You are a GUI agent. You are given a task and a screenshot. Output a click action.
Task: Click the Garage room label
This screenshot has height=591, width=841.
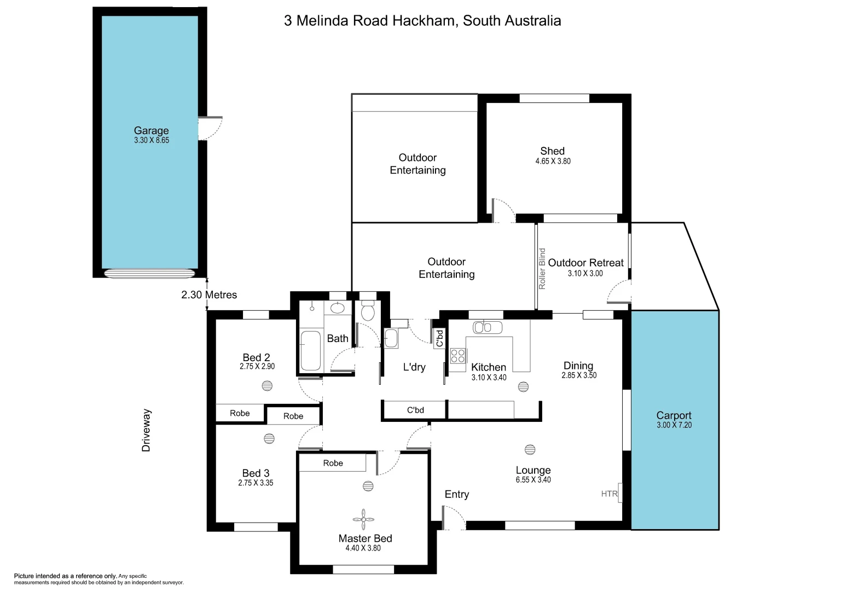[151, 130]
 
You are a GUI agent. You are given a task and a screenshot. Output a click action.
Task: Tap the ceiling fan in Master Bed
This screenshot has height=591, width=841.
[363, 518]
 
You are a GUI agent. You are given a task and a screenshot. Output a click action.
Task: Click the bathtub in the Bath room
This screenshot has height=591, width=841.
[311, 350]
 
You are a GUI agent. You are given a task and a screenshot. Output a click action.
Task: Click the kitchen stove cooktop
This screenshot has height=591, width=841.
[458, 356]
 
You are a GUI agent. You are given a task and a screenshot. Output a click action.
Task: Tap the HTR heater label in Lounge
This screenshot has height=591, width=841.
[609, 494]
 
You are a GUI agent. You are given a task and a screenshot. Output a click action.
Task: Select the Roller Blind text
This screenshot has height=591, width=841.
[542, 269]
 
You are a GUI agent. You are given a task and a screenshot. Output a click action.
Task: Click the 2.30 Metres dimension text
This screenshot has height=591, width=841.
[209, 295]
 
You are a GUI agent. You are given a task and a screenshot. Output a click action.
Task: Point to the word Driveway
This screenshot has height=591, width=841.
[146, 431]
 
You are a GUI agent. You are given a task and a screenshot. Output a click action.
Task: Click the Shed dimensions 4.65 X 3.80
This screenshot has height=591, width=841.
[553, 161]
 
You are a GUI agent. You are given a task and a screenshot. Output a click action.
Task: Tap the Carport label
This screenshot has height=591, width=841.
[674, 415]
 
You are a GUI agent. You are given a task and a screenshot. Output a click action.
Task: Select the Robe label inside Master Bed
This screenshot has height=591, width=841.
[333, 463]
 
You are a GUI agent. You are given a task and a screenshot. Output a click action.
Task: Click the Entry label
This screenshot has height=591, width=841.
[457, 494]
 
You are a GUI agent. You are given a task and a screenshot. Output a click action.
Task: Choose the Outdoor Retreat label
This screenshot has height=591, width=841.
[585, 263]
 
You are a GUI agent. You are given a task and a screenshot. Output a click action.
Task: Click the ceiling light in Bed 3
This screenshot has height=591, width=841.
[269, 438]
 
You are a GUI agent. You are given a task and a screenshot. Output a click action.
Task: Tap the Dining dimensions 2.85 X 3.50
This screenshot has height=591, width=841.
[579, 375]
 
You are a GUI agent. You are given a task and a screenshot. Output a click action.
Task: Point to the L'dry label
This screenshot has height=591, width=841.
[414, 367]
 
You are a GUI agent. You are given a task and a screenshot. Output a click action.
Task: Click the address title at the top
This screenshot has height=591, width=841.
[422, 21]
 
